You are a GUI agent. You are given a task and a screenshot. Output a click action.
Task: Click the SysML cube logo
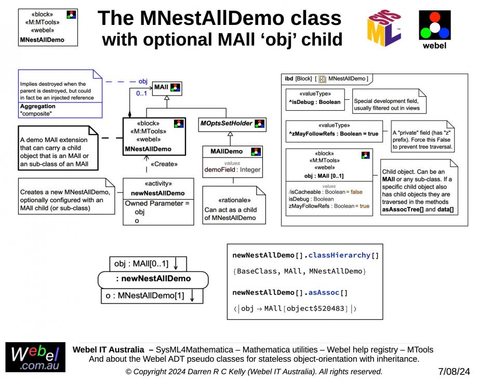[x=384, y=28]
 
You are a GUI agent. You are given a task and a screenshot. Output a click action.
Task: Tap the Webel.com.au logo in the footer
[x=35, y=357]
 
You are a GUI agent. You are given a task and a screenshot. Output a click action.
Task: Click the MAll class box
[x=167, y=87]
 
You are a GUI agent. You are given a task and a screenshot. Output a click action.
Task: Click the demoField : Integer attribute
[x=232, y=169]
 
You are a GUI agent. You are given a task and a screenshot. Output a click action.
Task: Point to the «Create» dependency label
[x=164, y=164]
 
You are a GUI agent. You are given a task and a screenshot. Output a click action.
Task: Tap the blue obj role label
[x=143, y=81]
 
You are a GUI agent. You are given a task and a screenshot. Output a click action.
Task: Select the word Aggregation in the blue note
[x=37, y=106]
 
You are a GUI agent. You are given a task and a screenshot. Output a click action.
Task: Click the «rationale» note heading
[x=234, y=200]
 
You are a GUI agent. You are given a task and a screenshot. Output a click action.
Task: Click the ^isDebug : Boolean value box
[x=315, y=101]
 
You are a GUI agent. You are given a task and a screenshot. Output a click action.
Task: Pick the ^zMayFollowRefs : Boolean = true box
[x=334, y=134]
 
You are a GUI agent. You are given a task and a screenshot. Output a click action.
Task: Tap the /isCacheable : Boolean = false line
[x=326, y=192]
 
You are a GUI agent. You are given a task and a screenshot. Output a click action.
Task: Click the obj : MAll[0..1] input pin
[x=148, y=264]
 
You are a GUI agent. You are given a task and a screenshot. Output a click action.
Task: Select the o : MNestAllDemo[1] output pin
[x=151, y=296]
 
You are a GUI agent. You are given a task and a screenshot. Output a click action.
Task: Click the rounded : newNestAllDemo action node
[x=153, y=279]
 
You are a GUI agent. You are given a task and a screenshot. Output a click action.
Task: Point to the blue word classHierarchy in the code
[x=341, y=255]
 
